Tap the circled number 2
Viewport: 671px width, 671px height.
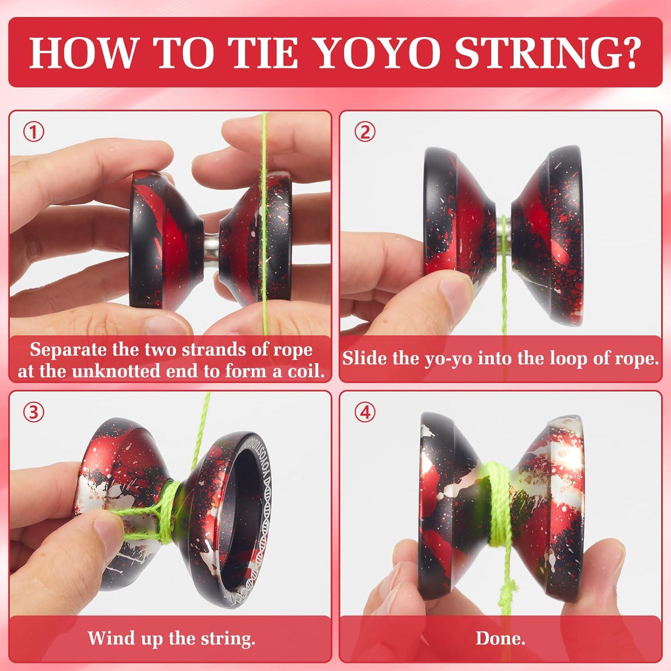tap(365, 132)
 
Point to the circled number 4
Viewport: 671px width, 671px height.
tap(365, 412)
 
